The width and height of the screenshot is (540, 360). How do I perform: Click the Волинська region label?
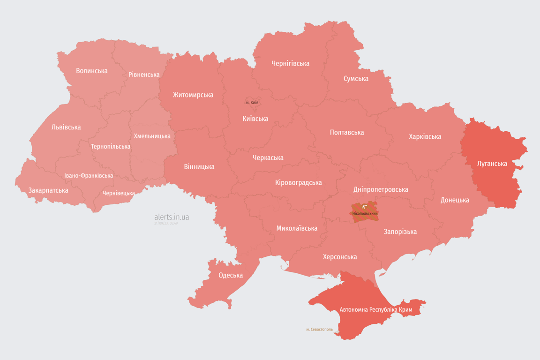(x=92, y=71)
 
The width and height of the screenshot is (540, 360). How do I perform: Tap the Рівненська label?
(x=144, y=75)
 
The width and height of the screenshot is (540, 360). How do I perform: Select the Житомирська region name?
(x=193, y=95)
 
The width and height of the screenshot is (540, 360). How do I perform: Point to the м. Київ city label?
(x=252, y=102)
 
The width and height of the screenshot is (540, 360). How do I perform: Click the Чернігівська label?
(x=291, y=63)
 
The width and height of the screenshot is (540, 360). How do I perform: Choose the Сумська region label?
(x=356, y=78)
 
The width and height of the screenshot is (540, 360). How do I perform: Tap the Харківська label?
(x=425, y=136)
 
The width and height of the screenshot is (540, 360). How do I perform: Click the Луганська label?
(x=492, y=164)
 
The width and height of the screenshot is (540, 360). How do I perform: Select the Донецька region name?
(x=455, y=200)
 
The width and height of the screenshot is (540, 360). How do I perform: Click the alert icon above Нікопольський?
(x=364, y=207)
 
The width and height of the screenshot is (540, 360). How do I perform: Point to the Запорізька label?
(x=400, y=232)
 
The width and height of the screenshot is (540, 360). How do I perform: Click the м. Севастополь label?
(x=319, y=330)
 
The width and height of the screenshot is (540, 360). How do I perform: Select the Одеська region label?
(x=231, y=275)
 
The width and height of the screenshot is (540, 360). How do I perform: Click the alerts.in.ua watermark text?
(x=172, y=217)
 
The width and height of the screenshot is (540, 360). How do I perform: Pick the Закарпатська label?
(x=48, y=190)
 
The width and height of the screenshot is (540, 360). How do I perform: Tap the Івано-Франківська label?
(x=89, y=176)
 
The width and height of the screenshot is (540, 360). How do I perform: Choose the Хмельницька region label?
(x=152, y=136)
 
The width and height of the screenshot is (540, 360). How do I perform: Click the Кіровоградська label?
(x=298, y=182)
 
